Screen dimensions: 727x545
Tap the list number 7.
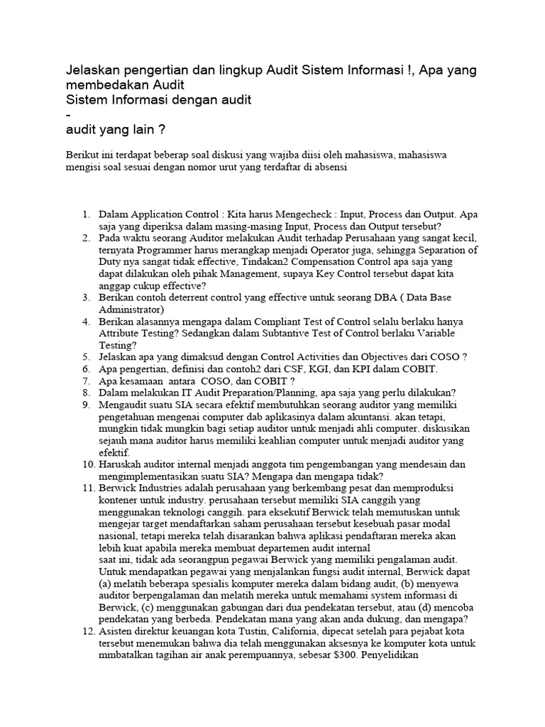[x=85, y=381]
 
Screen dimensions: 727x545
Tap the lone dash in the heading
[x=67, y=115]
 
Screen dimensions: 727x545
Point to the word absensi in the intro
[x=329, y=169]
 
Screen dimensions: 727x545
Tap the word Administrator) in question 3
[x=132, y=310]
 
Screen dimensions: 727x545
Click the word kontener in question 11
[x=119, y=500]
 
